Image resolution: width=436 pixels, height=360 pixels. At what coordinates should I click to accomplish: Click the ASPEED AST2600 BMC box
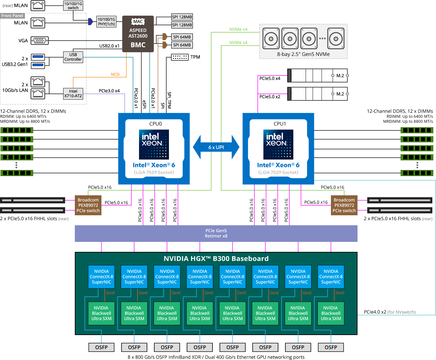point(138,34)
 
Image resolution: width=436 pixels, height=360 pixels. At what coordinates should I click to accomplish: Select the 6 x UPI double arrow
point(216,147)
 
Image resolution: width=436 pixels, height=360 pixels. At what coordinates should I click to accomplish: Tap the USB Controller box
point(73,57)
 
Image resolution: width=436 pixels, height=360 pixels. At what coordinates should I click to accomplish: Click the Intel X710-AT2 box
point(73,93)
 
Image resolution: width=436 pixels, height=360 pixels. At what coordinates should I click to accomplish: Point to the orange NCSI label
point(115,74)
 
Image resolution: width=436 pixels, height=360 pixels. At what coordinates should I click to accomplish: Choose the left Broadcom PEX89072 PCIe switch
point(88,205)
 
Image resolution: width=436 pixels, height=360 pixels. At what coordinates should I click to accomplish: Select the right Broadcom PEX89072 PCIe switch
point(344,205)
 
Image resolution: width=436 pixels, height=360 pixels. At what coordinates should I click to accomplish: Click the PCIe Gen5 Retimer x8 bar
point(216,233)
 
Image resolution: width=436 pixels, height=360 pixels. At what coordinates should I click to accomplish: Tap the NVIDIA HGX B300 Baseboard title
point(216,259)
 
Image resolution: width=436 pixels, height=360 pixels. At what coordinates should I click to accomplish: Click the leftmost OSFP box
point(101,347)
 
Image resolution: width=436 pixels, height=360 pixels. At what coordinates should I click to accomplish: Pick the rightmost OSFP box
point(331,347)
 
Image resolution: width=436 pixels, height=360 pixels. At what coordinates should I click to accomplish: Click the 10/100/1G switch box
point(73,6)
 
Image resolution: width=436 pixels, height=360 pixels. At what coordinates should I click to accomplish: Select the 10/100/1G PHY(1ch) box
point(106,22)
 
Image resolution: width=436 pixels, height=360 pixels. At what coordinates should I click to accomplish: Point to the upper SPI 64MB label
point(182,37)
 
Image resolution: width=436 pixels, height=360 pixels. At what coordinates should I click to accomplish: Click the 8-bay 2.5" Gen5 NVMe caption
point(303,54)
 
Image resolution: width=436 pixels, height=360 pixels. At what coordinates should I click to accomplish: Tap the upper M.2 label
point(340,76)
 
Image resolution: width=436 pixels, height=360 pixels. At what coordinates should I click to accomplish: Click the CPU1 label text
point(280,124)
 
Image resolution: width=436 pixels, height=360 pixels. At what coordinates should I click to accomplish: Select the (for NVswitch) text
point(401,312)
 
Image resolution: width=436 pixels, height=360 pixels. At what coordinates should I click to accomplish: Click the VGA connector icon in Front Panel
point(40,41)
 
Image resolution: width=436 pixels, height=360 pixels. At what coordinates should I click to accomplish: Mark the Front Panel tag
point(12,16)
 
